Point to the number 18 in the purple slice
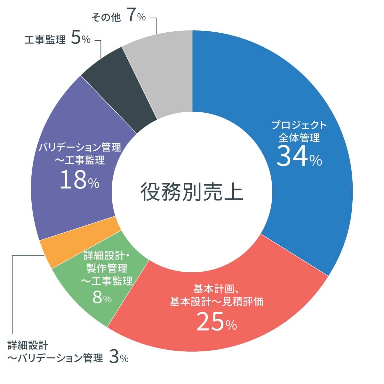(x=73, y=180)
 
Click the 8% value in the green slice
(x=102, y=298)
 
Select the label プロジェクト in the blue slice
(x=299, y=125)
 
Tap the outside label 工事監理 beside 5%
(x=45, y=40)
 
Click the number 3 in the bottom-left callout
(x=114, y=357)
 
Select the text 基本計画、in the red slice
(x=216, y=289)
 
